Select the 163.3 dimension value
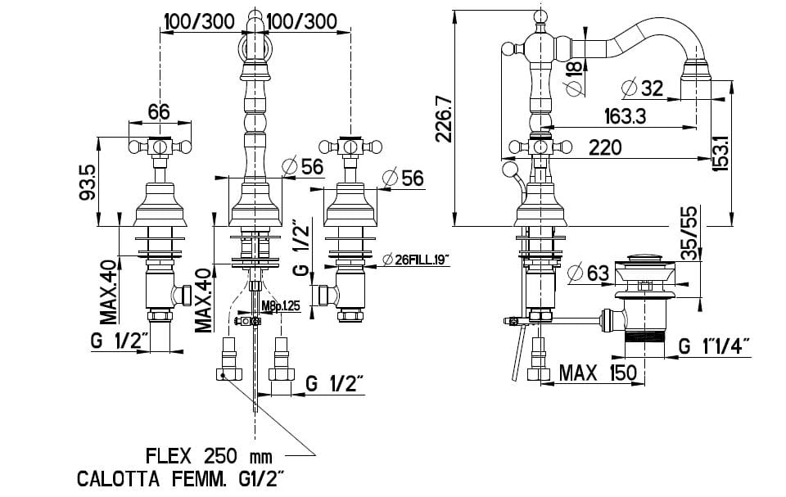click(625, 116)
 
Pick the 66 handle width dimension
click(159, 111)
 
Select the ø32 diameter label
click(642, 87)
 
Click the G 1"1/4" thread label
click(714, 346)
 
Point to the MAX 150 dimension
click(597, 373)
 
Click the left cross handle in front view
click(159, 148)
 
